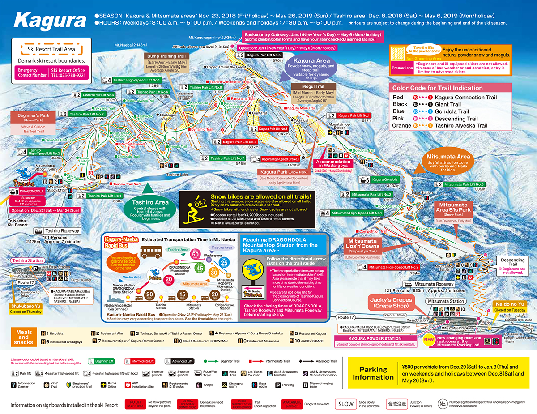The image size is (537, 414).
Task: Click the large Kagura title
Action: click(x=50, y=20)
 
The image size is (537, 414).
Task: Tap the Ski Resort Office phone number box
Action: click(x=68, y=73)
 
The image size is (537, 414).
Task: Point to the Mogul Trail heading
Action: click(x=313, y=86)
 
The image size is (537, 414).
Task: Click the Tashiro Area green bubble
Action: click(x=150, y=203)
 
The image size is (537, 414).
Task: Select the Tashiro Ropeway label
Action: click(x=62, y=231)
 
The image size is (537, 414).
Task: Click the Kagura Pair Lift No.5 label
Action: click(x=263, y=55)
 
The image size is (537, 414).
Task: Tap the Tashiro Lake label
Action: click(x=178, y=175)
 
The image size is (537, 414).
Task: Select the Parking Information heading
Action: click(x=373, y=373)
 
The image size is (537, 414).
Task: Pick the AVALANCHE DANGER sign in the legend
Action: click(x=291, y=404)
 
